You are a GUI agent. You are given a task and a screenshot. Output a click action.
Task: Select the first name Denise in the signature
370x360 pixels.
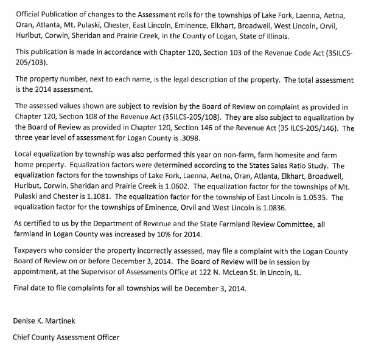26,320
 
